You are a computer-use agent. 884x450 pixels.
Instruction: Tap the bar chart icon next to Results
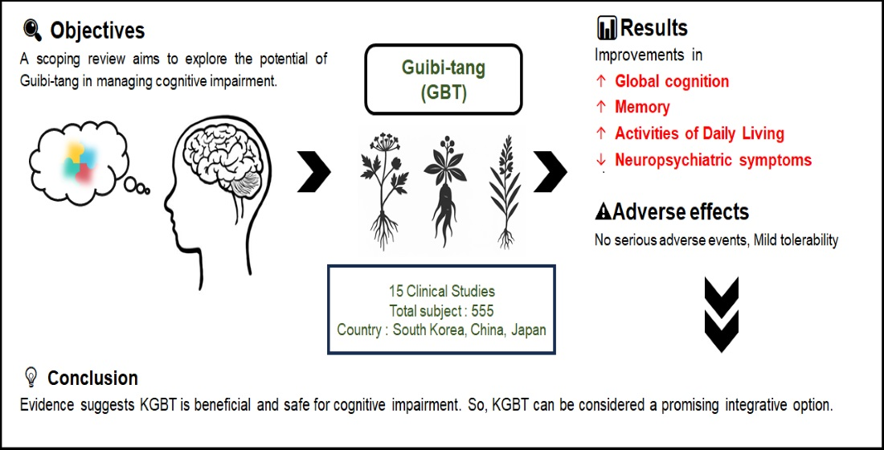[607, 29]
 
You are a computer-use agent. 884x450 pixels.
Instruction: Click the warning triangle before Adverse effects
[603, 212]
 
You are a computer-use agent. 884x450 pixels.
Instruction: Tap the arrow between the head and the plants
[314, 171]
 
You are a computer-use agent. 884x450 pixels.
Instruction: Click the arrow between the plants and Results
[550, 171]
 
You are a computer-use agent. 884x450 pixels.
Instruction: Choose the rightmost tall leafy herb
[505, 189]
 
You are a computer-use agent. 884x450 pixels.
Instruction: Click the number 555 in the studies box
[481, 311]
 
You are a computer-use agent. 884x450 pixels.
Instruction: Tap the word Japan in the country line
[526, 330]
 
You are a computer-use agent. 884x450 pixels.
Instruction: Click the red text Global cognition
[672, 81]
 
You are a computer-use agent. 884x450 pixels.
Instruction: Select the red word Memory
[642, 107]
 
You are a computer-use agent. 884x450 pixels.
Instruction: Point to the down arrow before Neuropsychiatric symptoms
[600, 160]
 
